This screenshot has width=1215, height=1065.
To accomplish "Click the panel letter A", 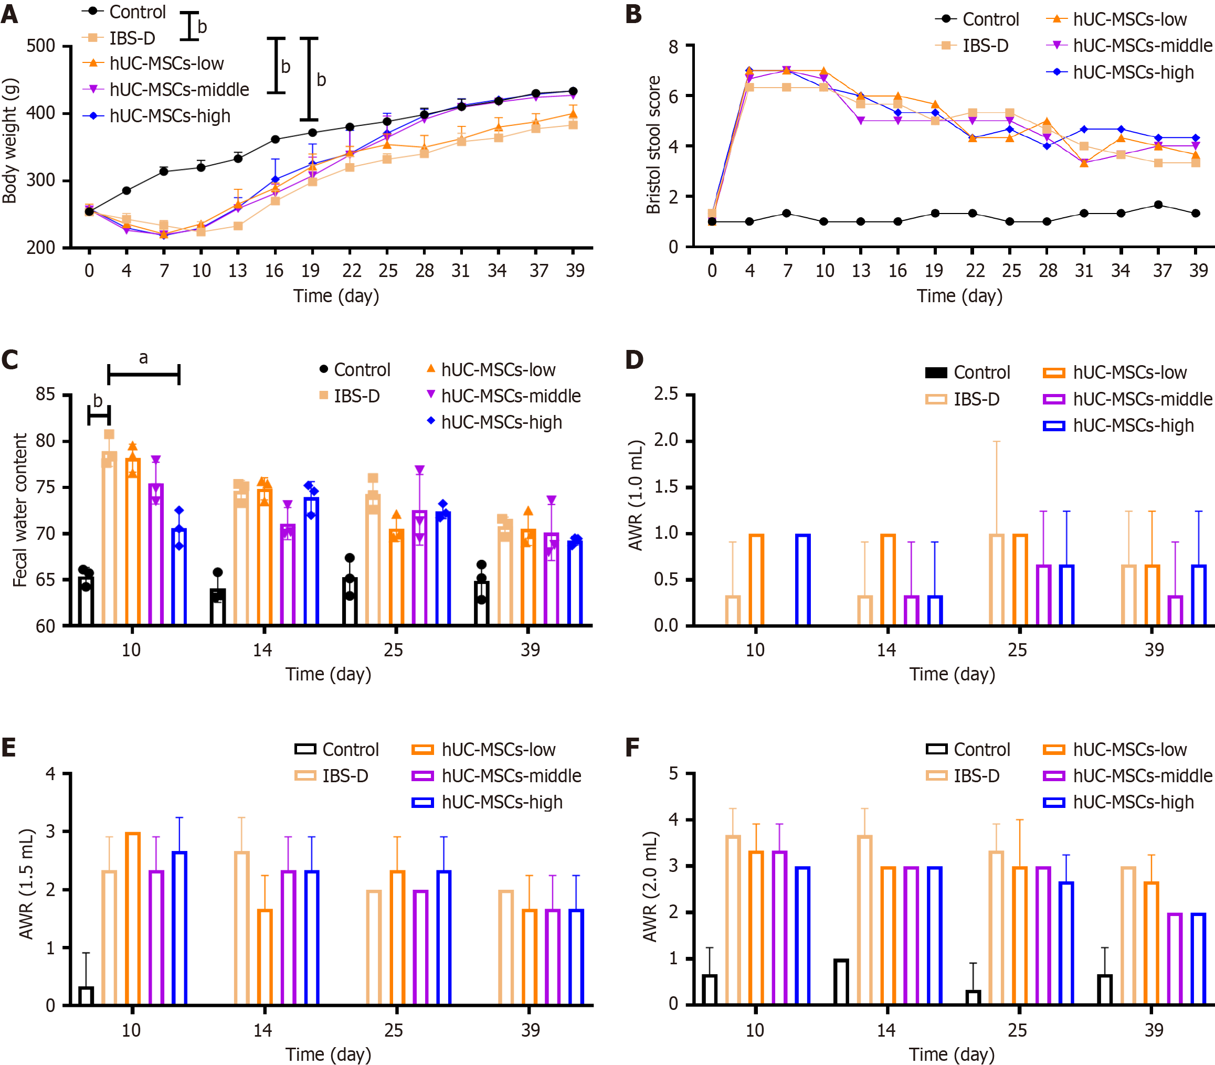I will (x=9, y=14).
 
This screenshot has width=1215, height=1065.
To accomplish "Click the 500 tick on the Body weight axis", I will (x=40, y=46).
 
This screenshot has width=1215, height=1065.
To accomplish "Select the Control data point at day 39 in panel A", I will (x=573, y=91).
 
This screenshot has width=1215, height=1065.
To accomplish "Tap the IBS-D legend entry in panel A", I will (x=131, y=38).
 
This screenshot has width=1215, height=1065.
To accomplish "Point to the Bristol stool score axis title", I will (x=653, y=144).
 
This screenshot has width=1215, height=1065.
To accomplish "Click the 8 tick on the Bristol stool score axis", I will (x=673, y=46).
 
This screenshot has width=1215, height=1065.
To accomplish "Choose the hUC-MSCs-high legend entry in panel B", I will (x=1133, y=72).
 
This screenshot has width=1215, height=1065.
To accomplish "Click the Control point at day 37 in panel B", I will (x=1158, y=205).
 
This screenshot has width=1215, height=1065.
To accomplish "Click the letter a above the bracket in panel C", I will (x=143, y=358).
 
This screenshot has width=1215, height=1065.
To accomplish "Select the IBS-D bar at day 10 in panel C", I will (x=109, y=538).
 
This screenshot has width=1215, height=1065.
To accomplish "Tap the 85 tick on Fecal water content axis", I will (x=45, y=395).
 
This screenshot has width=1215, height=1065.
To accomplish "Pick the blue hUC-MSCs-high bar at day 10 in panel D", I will (x=802, y=579).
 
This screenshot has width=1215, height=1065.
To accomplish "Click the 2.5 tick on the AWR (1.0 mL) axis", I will (x=665, y=395).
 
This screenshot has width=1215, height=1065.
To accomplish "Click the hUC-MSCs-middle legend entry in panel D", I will (x=1142, y=399).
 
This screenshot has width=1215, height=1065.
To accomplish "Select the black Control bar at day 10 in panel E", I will (x=86, y=995).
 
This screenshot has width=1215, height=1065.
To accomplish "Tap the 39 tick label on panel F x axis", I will (x=1153, y=1030).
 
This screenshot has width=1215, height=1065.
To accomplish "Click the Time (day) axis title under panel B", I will (x=959, y=296).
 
